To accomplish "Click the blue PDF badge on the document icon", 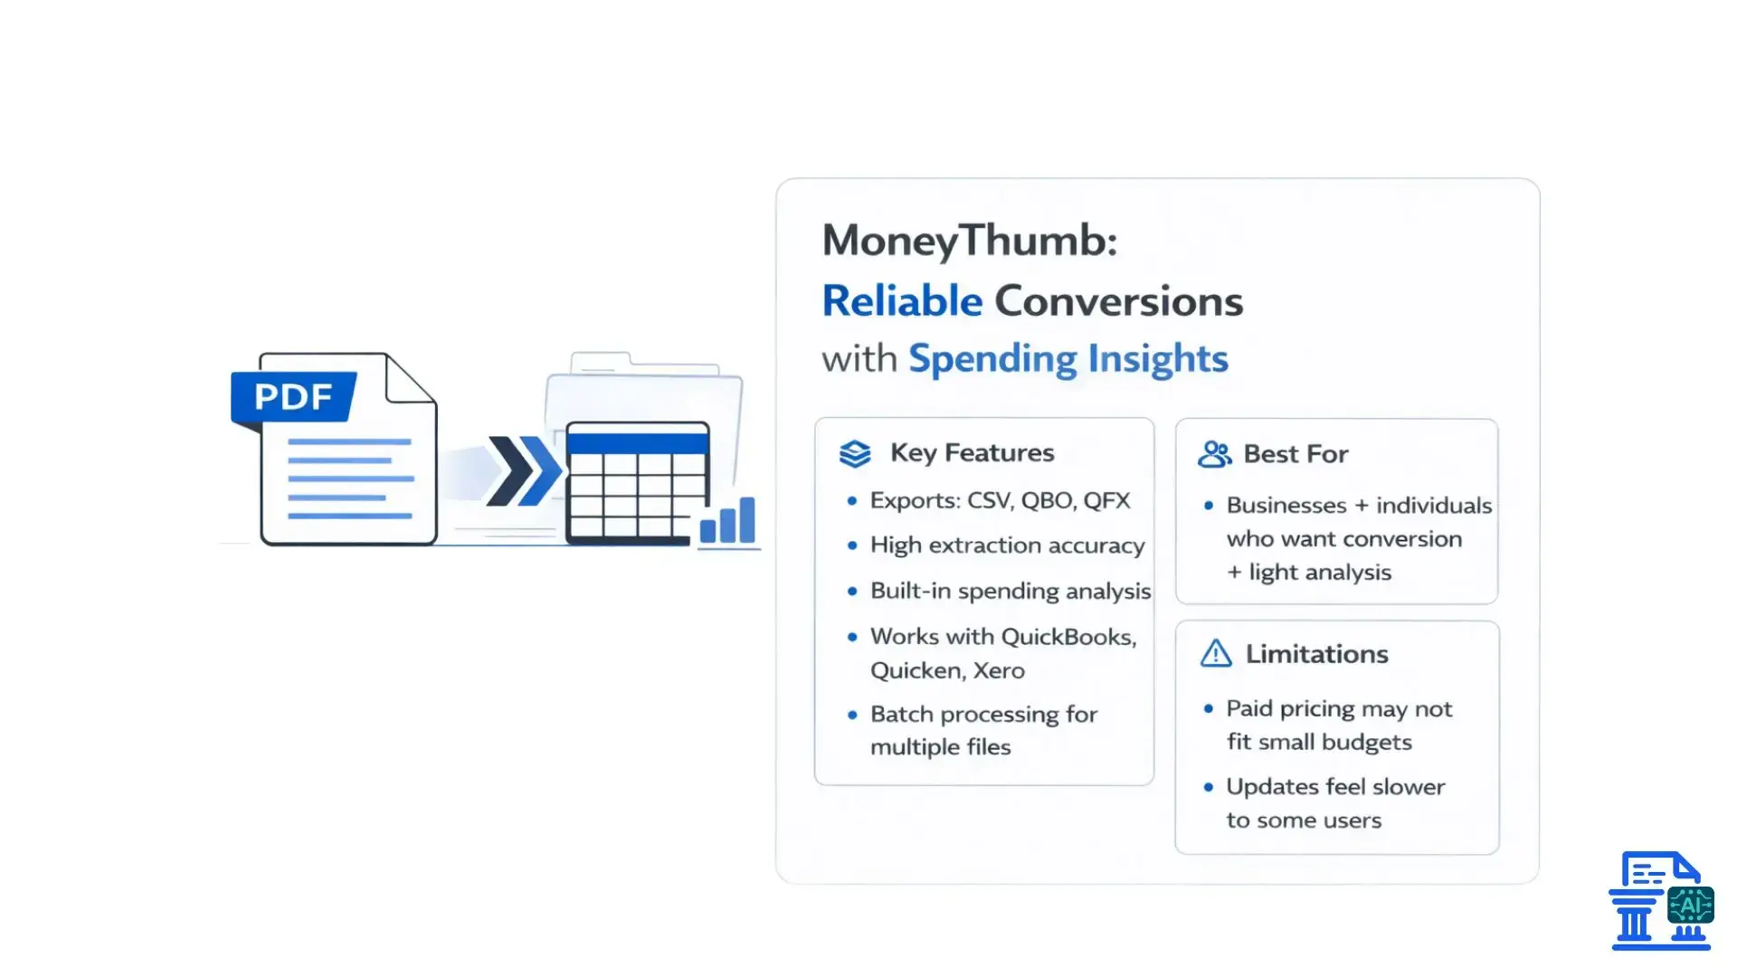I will [x=292, y=397].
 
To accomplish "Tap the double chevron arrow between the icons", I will [x=523, y=470].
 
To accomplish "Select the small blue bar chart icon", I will [x=727, y=521].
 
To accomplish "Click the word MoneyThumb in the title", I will [x=968, y=241].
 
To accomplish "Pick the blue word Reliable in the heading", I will [x=901, y=301].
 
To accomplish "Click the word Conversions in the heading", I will [x=1118, y=301].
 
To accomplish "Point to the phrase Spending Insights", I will [x=1068, y=359].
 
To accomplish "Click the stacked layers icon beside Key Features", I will [x=854, y=453].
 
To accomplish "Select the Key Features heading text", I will [x=972, y=452].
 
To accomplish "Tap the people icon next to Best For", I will [x=1214, y=454].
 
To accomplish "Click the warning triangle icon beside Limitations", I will [x=1215, y=654].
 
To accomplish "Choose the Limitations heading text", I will [x=1316, y=654].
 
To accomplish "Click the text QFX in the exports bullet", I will [x=1106, y=500].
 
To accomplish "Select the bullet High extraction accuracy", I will [x=1007, y=545].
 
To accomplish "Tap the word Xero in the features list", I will [x=999, y=670].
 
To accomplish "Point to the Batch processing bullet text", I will [x=983, y=715].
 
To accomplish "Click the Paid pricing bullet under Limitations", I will [x=1338, y=709].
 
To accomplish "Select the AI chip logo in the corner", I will [x=1689, y=905].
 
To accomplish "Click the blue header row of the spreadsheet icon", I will [x=637, y=443].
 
